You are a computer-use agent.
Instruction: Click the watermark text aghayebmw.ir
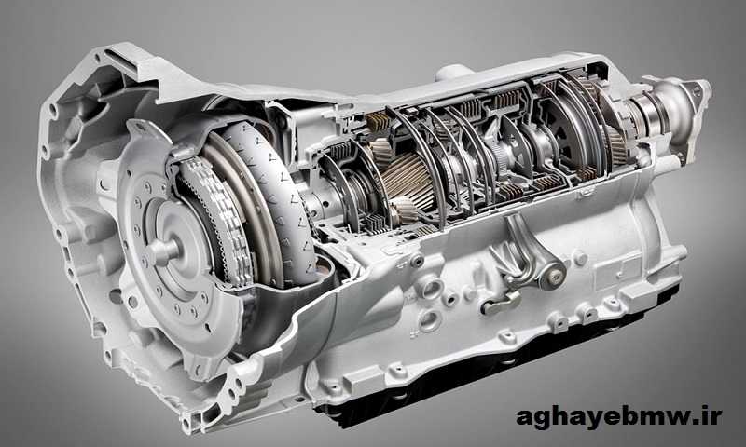[619, 417]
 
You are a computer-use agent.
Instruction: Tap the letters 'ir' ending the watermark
[712, 416]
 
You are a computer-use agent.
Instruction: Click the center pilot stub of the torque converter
[163, 250]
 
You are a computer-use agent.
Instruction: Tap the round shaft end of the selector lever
[553, 274]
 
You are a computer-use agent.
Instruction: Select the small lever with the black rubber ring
[501, 303]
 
